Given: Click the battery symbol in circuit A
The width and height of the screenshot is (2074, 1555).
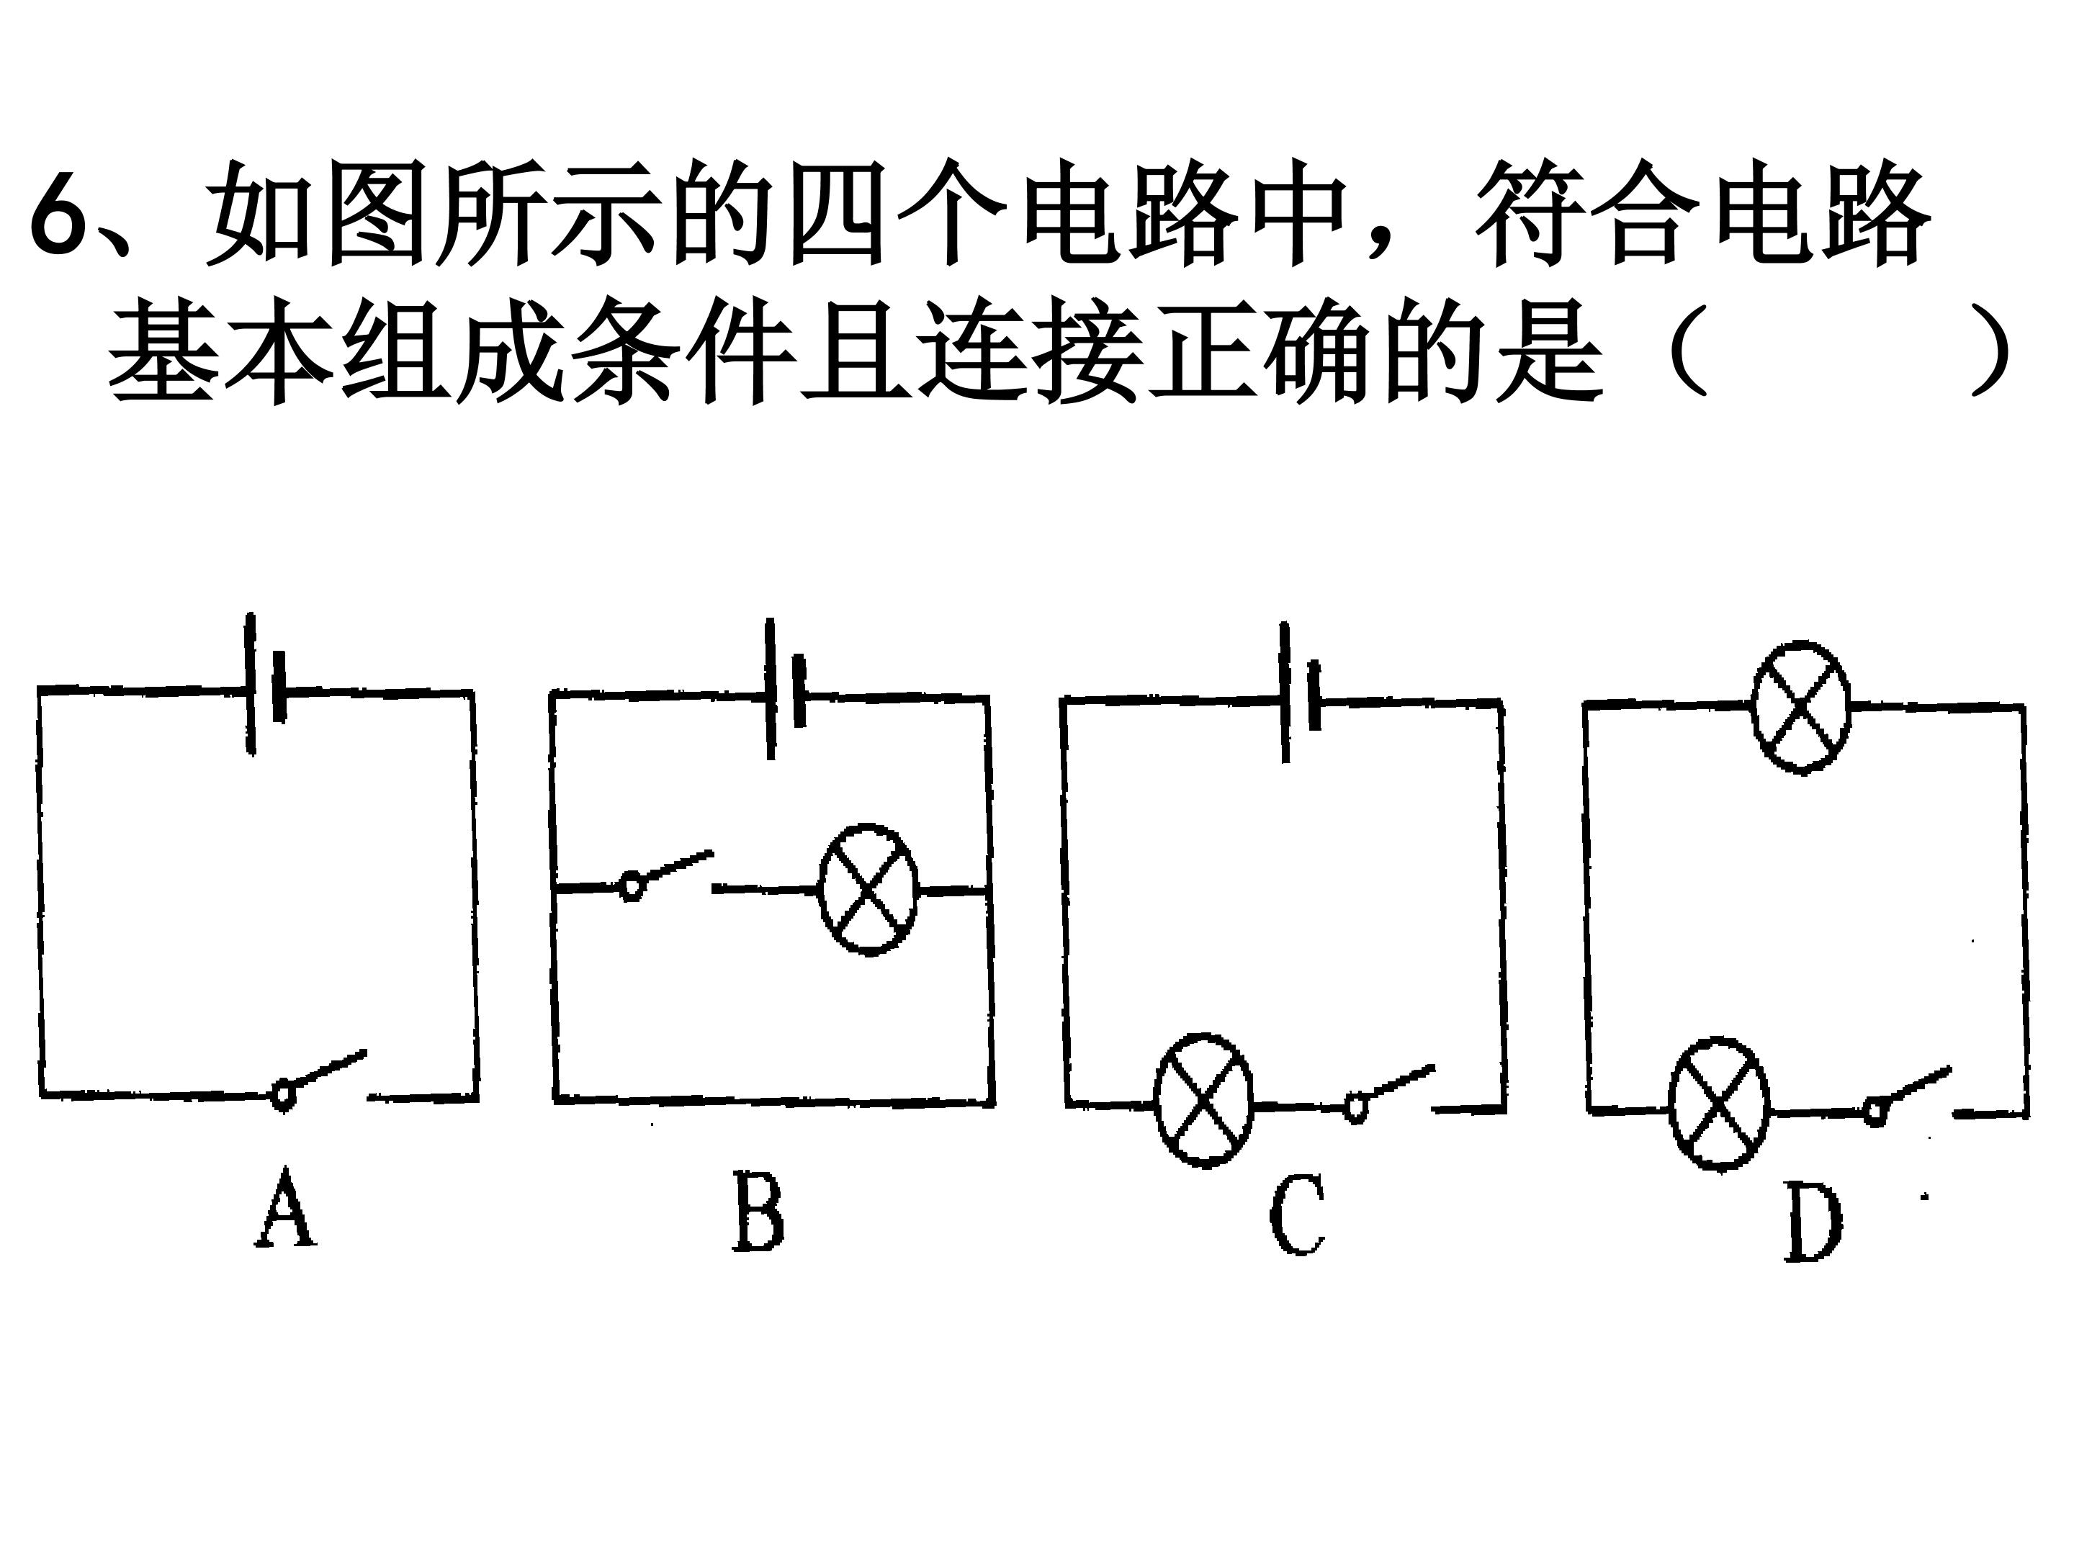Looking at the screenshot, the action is [x=265, y=684].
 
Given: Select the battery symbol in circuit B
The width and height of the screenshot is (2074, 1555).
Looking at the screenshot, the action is [x=784, y=689].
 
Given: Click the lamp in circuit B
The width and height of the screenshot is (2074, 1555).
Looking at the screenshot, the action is [x=868, y=890].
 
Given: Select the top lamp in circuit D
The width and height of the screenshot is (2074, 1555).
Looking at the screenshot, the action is [x=1800, y=707].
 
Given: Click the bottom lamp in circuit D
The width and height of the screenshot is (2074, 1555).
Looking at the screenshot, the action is [x=1719, y=1104].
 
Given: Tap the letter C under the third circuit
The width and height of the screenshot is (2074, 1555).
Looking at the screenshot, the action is [x=1298, y=1216].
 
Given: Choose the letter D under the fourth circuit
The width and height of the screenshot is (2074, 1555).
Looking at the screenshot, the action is [x=1813, y=1222].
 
